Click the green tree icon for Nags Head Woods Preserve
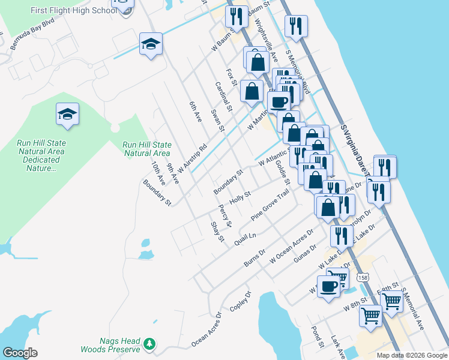(149, 344)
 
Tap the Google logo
(20, 353)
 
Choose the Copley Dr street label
(239, 302)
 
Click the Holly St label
(240, 197)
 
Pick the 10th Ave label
(158, 172)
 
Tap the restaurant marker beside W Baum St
(237, 18)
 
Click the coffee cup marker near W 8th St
(328, 286)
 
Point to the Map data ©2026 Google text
(412, 355)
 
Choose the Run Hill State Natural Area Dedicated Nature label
(41, 155)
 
